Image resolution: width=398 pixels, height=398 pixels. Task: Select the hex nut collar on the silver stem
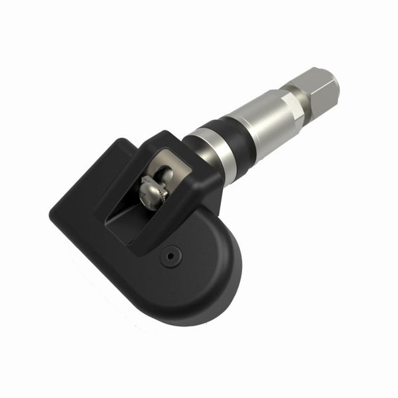coord(291,107)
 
